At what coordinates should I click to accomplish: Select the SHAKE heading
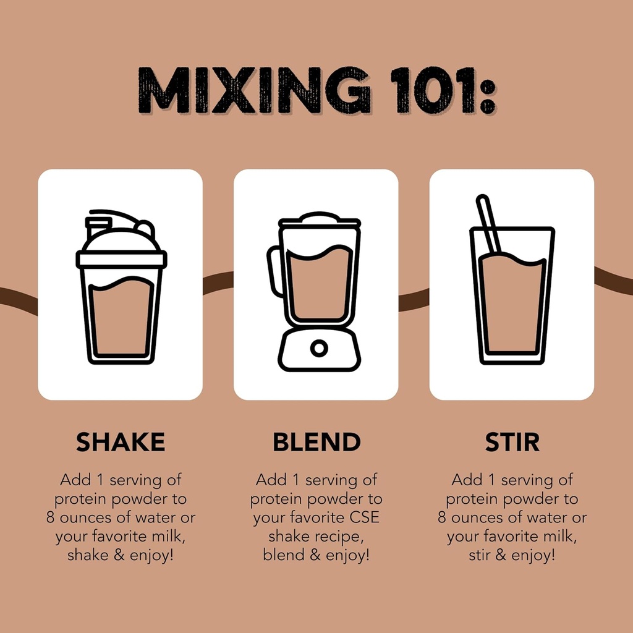click(x=121, y=442)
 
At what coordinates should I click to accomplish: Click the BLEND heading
click(x=316, y=442)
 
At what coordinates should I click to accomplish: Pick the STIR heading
click(x=512, y=442)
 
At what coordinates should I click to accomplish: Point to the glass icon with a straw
click(x=512, y=291)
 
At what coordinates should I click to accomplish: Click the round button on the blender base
click(x=319, y=349)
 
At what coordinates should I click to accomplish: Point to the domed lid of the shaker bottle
click(x=121, y=241)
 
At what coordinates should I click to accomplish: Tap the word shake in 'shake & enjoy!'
click(x=87, y=555)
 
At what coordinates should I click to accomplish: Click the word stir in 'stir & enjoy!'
click(x=480, y=555)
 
